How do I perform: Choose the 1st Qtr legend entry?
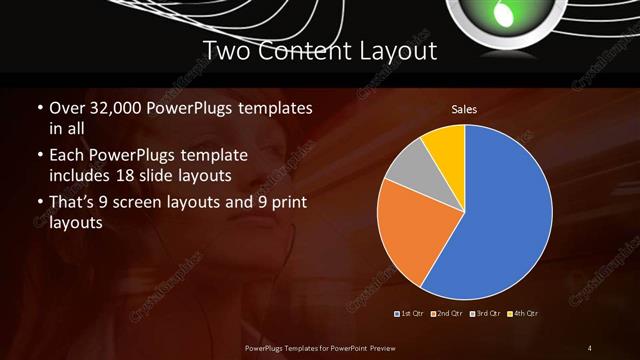[x=410, y=314]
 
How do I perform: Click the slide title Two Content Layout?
[x=319, y=50]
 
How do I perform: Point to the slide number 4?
[x=590, y=347]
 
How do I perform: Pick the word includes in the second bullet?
[x=83, y=176]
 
